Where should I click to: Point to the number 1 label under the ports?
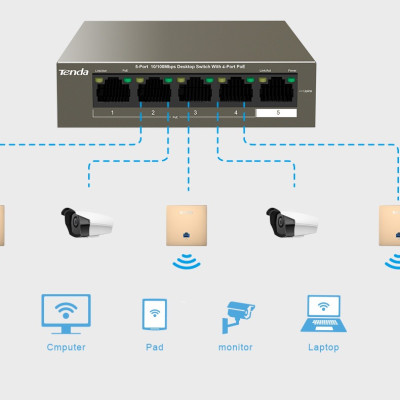tap(113, 113)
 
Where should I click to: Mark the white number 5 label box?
tap(277, 113)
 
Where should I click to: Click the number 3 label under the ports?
tap(195, 113)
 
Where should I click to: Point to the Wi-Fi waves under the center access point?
tap(186, 262)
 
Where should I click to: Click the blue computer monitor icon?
tap(65, 313)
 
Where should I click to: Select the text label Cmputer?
tap(65, 347)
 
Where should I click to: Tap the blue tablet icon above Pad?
tap(154, 314)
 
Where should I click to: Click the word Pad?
tap(154, 347)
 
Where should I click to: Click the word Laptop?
tap(322, 347)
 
